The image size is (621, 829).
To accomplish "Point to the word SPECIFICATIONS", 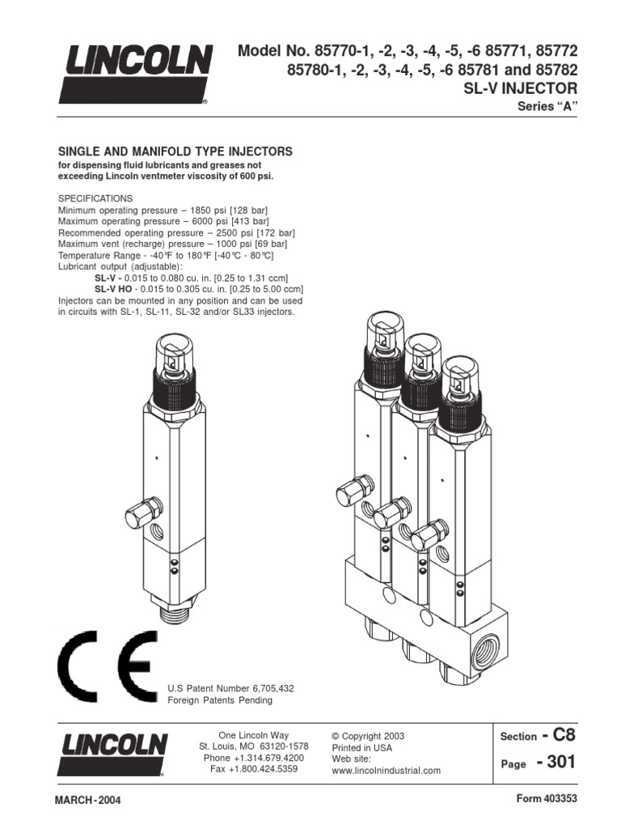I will pyautogui.click(x=95, y=198).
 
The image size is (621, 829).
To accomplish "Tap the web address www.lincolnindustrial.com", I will pyautogui.click(x=387, y=771).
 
